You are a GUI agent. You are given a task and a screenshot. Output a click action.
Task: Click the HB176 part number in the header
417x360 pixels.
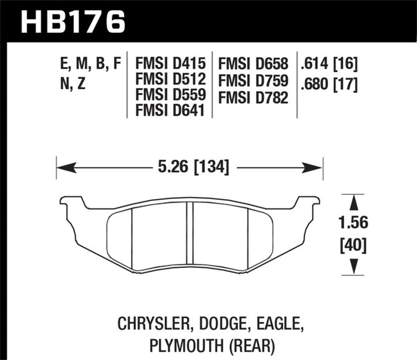(x=72, y=21)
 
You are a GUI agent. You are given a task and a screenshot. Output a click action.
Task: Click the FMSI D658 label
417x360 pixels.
(x=254, y=63)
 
